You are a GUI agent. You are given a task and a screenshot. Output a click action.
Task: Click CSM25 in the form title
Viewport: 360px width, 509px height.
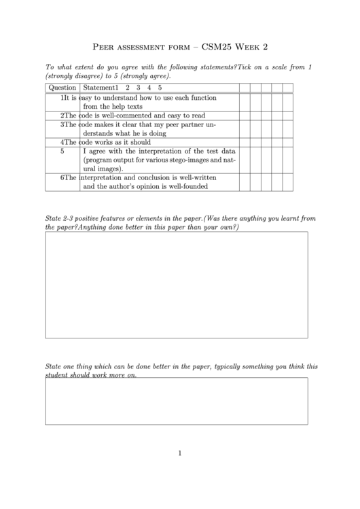tap(218, 47)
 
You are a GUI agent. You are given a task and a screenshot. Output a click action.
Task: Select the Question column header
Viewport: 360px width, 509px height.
tap(62, 87)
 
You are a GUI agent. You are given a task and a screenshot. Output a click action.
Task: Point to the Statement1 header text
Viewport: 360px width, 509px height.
tap(100, 87)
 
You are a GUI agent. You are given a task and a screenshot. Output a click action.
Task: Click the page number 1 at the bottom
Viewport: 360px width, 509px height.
tap(180, 453)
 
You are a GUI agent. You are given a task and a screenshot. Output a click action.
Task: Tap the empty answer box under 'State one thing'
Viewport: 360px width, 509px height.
tap(176, 401)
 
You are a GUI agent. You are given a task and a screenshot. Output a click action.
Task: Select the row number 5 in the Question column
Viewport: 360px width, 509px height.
tap(62, 152)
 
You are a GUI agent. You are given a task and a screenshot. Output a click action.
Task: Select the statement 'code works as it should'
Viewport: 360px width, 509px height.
tap(115, 142)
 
